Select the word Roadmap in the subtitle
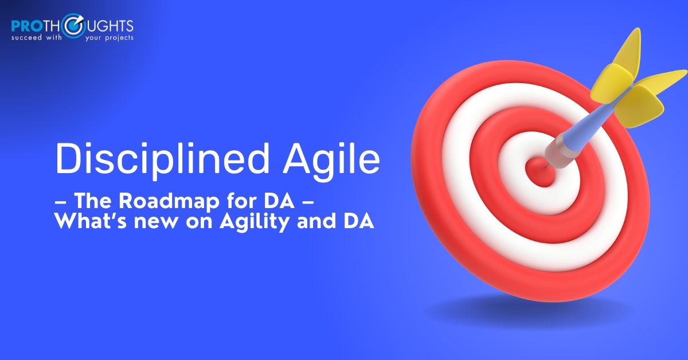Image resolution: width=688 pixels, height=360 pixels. pos(169,202)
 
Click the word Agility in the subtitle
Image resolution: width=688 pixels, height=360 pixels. pos(254,221)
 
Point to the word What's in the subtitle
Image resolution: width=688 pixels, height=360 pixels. pos(91,221)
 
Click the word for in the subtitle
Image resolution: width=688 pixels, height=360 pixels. pos(240,201)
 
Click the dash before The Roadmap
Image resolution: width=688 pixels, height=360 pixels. pos(61,202)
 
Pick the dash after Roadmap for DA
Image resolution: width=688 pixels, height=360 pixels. pos(308,202)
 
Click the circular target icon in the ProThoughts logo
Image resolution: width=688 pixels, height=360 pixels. pos(73,26)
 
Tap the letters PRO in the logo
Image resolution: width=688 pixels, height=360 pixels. pos(26,26)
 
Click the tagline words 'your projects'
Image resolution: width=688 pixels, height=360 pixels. pos(110,38)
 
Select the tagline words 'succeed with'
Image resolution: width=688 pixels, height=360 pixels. pos(37,37)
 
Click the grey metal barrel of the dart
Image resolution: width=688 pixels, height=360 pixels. pos(559,152)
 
